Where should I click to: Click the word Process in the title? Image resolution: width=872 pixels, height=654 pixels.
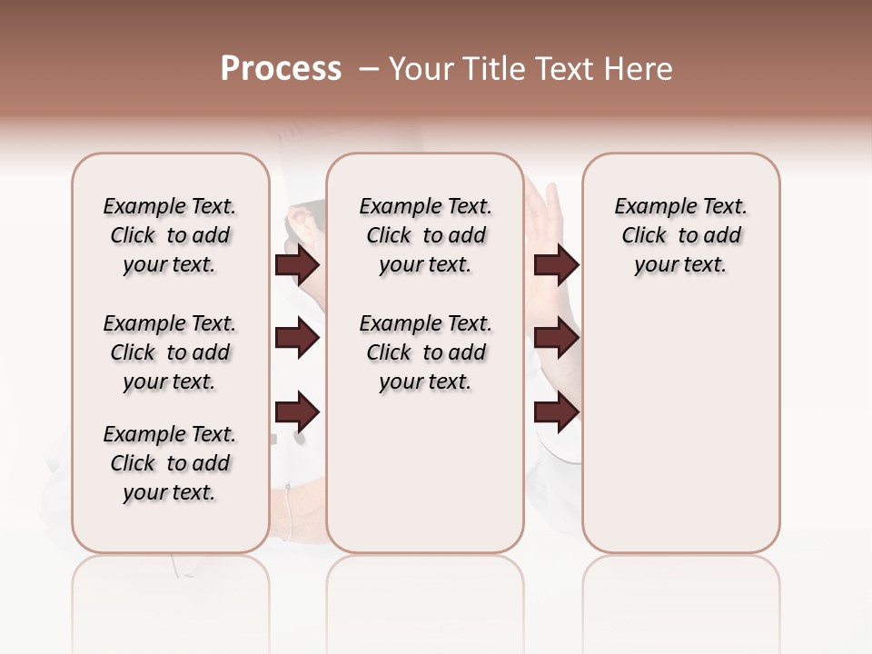281,69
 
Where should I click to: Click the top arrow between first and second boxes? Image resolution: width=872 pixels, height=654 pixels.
297,265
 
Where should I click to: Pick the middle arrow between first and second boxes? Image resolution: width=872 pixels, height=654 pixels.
297,339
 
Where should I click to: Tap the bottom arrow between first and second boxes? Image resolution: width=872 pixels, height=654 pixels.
297,412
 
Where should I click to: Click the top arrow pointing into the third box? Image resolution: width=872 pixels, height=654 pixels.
556,265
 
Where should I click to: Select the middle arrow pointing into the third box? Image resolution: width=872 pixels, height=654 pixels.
556,339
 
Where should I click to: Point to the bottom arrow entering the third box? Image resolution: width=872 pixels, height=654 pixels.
556,412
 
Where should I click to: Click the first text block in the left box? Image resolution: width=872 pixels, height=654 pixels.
170,235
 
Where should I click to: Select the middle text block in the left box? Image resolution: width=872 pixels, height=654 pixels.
170,352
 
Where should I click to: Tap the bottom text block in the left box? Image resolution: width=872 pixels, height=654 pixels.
170,463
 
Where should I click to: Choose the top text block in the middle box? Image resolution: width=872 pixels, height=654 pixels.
425,235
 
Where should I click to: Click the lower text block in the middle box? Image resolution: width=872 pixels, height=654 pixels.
425,352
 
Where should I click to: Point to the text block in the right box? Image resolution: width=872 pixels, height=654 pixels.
681,235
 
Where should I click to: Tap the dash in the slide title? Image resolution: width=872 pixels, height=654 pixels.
368,69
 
